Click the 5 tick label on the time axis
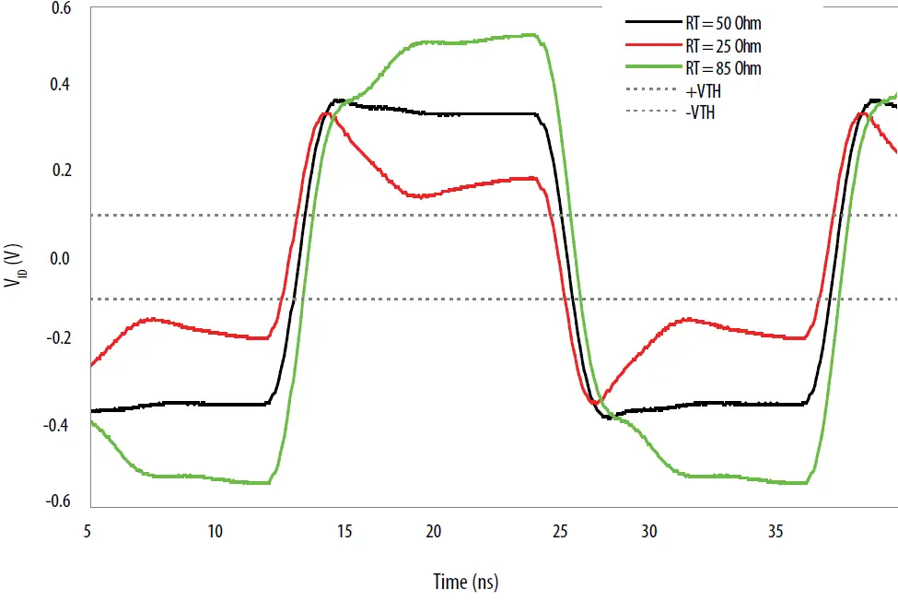click(87, 531)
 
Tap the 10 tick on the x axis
click(215, 531)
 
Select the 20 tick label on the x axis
click(433, 531)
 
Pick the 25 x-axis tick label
click(559, 531)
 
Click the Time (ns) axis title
click(466, 582)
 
